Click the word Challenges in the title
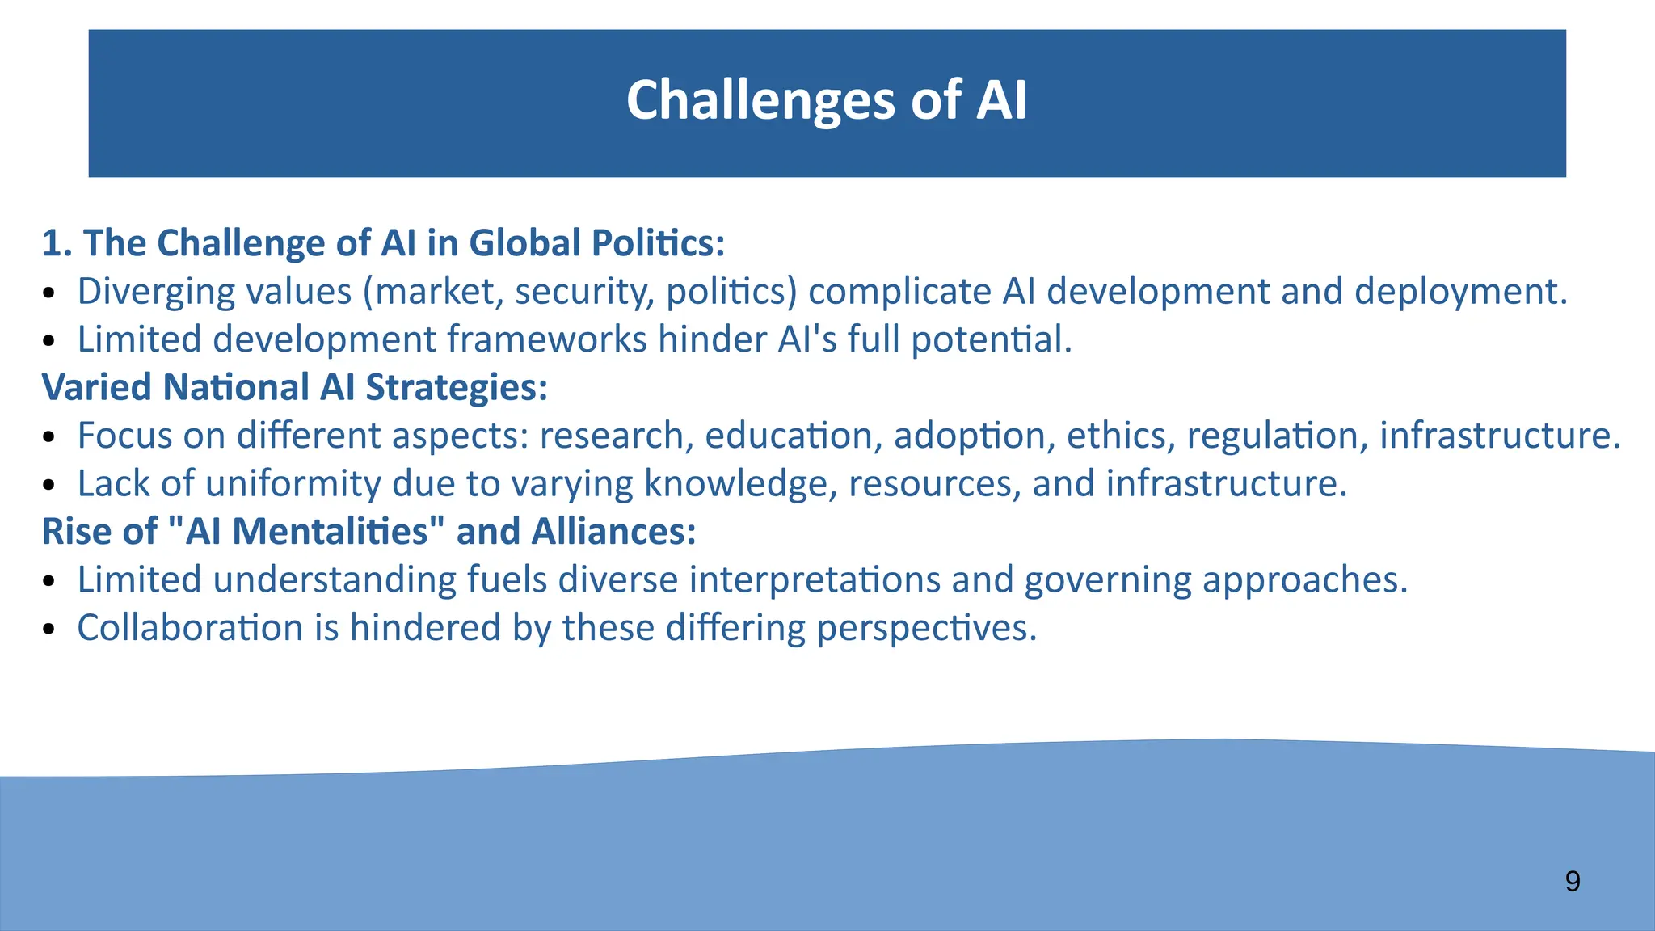tap(760, 101)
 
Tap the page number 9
tap(1572, 881)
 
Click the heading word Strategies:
tap(457, 388)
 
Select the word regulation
tap(1277, 436)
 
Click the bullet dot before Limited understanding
tap(49, 582)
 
